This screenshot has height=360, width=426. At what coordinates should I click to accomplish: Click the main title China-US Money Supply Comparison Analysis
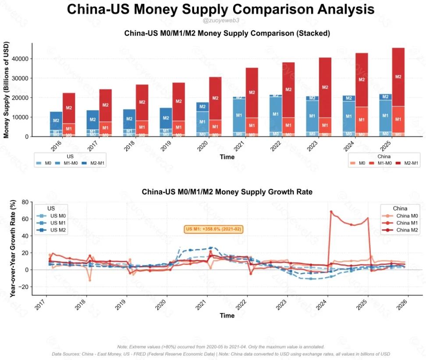220,9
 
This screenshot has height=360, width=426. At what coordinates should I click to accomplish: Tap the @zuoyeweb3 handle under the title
221,21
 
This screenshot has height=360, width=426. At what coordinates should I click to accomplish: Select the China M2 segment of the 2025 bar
398,77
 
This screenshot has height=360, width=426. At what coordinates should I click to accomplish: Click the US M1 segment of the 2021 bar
239,115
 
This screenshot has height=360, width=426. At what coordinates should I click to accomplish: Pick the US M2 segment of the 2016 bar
56,120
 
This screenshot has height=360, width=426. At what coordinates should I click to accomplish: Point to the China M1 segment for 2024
362,119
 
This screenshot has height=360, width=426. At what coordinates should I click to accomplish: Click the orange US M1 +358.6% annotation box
214,229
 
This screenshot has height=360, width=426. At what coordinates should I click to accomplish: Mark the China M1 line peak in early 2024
331,212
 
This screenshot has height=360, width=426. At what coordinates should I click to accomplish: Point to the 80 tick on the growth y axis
25,202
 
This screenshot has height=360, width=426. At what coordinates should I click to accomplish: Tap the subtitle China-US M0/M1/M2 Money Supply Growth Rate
227,192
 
